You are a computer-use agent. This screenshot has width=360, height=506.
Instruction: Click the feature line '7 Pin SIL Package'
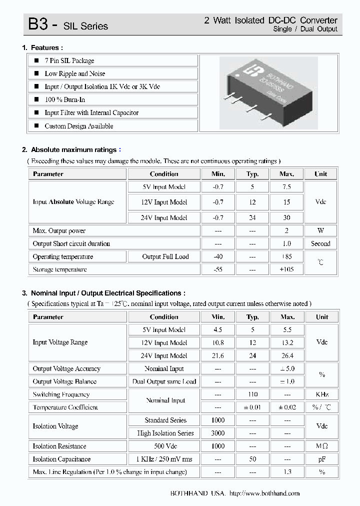[69, 60]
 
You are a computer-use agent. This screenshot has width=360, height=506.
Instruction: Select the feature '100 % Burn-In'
[64, 99]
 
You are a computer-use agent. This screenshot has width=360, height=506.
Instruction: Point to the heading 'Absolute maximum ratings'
[73, 149]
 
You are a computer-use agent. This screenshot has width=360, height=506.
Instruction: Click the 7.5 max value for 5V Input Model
[286, 187]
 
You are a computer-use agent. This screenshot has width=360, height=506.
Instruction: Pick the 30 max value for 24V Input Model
[286, 218]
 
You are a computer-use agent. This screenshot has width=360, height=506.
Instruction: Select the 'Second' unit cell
[320, 244]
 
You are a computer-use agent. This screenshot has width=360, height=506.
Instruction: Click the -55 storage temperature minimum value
[217, 269]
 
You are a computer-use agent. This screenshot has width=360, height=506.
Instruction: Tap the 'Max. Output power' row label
[59, 231]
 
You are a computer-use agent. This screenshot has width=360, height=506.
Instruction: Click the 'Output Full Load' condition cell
[165, 257]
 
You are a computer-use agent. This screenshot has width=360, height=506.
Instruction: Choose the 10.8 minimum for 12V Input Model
[218, 343]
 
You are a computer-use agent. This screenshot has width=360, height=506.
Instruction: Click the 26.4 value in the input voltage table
[287, 356]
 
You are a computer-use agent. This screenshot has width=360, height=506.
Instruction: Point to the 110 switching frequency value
[252, 394]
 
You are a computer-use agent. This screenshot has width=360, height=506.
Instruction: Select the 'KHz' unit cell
[322, 394]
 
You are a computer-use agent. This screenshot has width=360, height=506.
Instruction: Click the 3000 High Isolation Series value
[218, 433]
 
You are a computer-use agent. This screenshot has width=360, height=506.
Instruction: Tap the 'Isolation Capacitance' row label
[61, 459]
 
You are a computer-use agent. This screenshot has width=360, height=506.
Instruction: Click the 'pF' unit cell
[322, 459]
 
